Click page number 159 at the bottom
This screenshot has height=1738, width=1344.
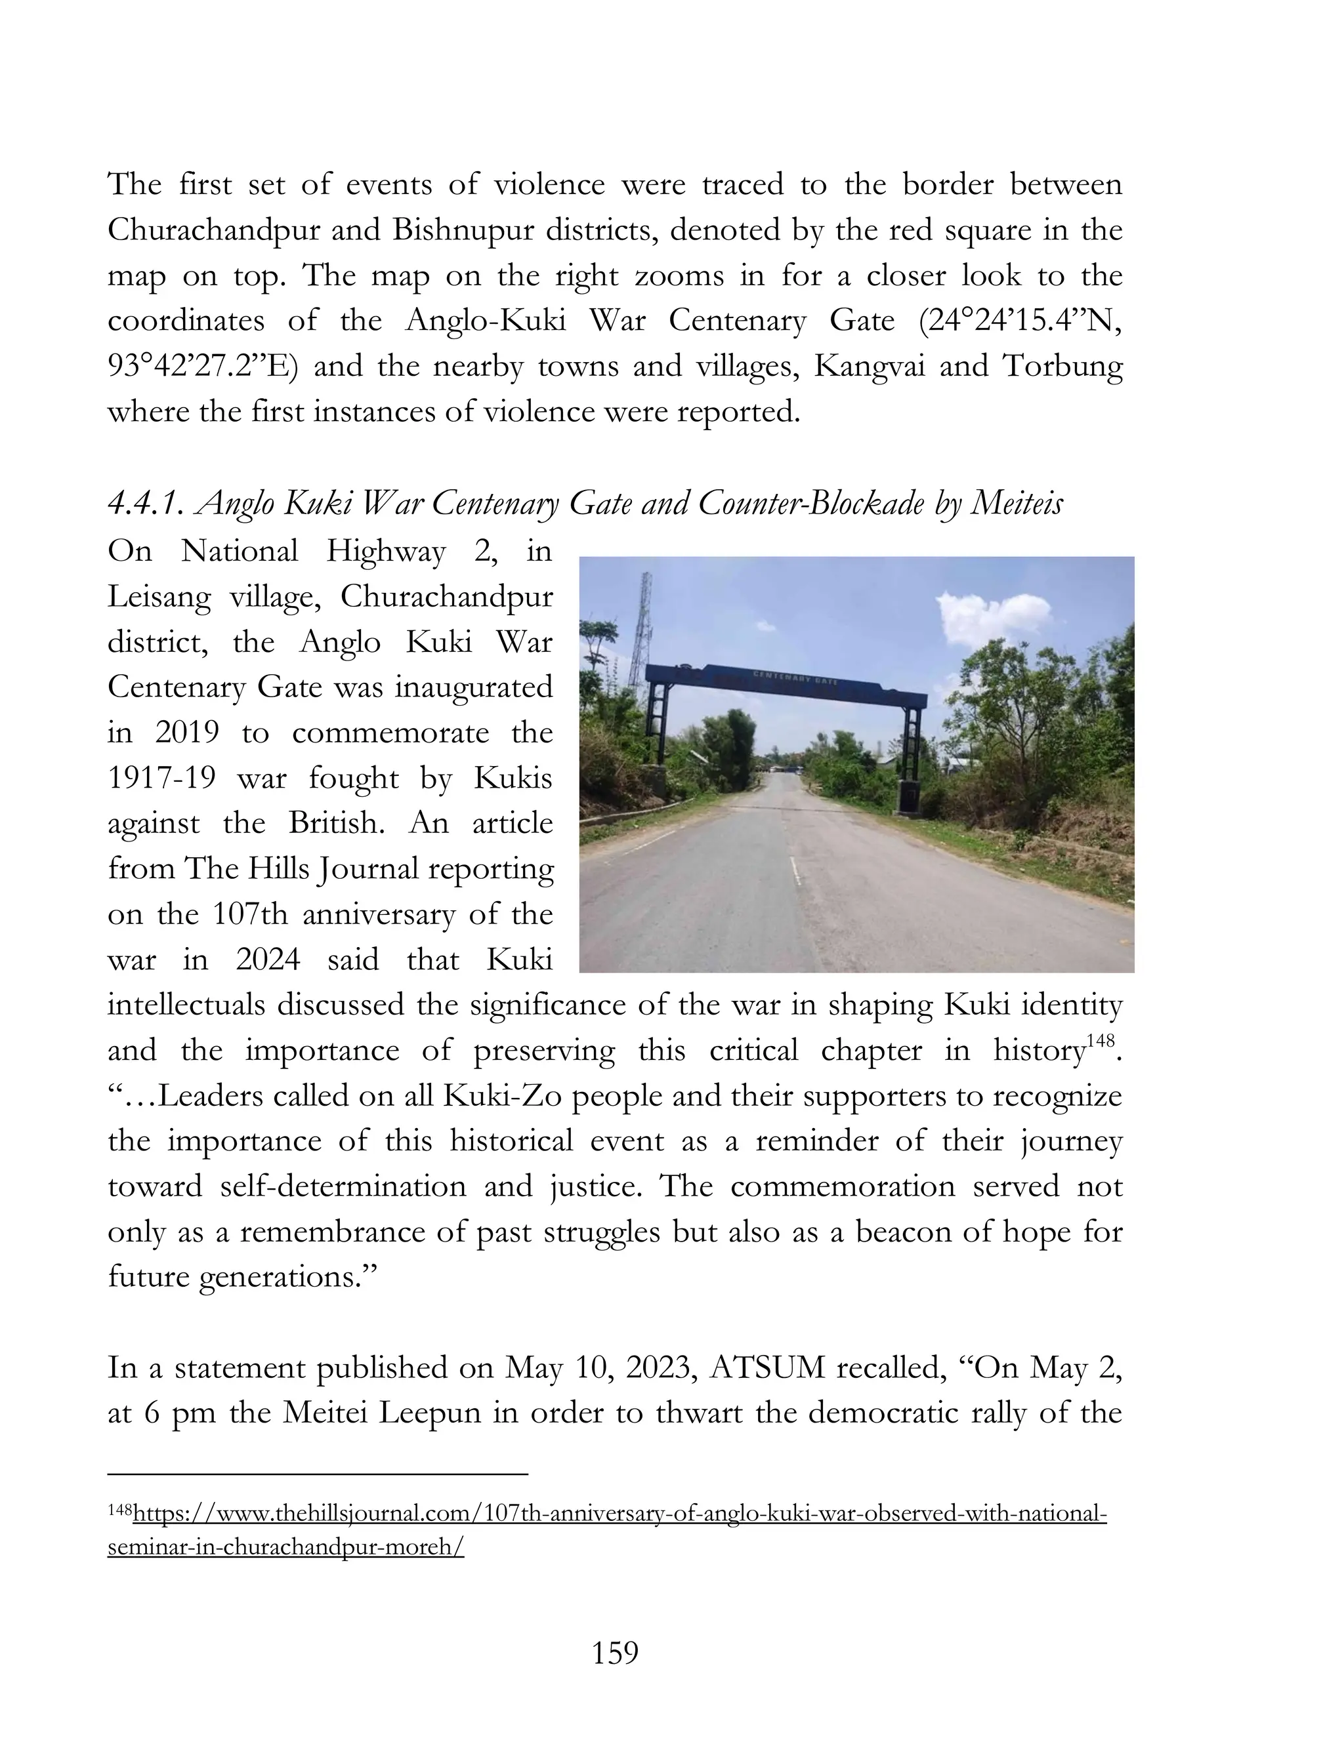click(616, 1653)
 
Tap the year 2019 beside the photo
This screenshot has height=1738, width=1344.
click(186, 732)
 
